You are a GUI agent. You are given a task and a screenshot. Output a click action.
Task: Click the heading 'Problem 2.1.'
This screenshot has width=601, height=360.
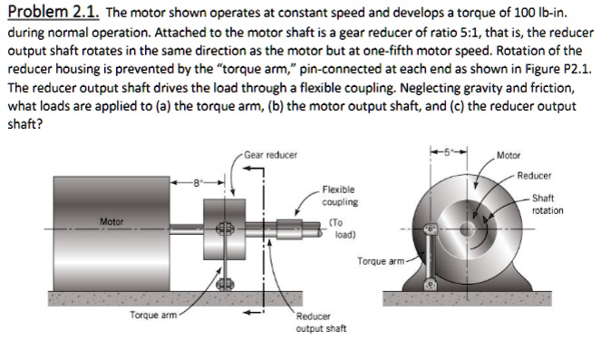point(53,12)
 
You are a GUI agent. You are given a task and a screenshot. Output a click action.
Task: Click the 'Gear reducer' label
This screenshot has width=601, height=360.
point(271,155)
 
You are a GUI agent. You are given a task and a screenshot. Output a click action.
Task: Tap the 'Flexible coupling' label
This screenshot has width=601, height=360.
point(340,196)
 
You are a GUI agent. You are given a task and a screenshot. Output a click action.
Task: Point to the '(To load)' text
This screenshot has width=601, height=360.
point(343,229)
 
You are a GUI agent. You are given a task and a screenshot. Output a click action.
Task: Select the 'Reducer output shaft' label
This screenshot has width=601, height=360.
point(321,323)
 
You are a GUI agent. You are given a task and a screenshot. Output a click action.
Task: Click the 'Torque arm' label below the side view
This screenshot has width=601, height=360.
point(153,316)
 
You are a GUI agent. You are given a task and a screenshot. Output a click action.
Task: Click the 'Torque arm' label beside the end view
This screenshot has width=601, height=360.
point(381,261)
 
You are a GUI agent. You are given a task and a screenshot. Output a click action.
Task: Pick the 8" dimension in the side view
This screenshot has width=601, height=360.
point(197,183)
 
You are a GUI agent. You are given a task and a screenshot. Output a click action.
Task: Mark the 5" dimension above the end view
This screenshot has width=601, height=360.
point(448,151)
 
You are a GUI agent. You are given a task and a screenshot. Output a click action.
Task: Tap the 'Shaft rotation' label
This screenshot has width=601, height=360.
point(548,204)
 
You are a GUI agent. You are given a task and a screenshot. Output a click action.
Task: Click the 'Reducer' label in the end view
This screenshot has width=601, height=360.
point(534,176)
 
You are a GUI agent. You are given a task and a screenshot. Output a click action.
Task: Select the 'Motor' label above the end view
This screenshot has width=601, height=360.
point(509,156)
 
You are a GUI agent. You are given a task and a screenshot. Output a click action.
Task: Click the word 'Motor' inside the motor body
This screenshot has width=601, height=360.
point(111,222)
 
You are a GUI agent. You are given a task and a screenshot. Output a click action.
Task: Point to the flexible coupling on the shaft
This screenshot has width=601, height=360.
point(289,229)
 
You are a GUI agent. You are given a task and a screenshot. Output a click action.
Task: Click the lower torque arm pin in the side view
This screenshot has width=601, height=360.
point(225,284)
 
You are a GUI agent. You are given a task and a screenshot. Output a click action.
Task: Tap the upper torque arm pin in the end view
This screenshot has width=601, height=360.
point(430,229)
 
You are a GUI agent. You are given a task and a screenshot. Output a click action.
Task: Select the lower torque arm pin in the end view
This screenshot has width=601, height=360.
point(430,285)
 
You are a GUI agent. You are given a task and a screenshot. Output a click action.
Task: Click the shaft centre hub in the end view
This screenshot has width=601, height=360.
point(467,229)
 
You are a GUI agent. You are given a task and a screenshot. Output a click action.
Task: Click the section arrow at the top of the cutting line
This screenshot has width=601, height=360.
point(254,168)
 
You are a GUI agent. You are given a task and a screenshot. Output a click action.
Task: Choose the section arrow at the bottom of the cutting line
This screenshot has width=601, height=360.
point(254,312)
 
